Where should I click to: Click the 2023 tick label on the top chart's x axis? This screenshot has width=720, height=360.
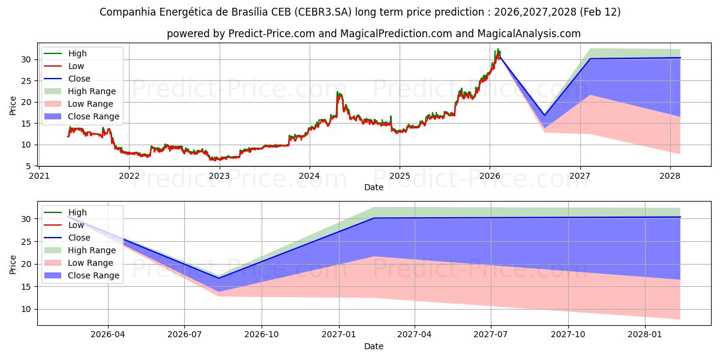pyautogui.click(x=219, y=176)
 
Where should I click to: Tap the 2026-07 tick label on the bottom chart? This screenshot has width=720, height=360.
pyautogui.click(x=185, y=335)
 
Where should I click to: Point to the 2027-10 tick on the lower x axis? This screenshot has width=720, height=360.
pyautogui.click(x=568, y=335)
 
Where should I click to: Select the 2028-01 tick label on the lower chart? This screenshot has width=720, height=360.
pyautogui.click(x=644, y=335)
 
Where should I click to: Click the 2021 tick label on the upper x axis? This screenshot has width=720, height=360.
pyautogui.click(x=39, y=176)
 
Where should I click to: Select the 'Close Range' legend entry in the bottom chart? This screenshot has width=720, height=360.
pyautogui.click(x=94, y=275)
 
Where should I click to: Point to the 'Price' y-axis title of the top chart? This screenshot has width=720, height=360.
pyautogui.click(x=13, y=105)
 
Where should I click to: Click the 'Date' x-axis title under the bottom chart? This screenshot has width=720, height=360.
pyautogui.click(x=373, y=346)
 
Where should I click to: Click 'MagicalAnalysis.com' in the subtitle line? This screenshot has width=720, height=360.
pyautogui.click(x=529, y=34)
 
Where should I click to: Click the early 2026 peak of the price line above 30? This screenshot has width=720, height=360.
pyautogui.click(x=498, y=49)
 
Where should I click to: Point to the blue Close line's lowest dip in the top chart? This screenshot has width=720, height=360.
pyautogui.click(x=544, y=115)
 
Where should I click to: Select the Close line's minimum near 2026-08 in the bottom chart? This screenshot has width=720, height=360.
pyautogui.click(x=219, y=278)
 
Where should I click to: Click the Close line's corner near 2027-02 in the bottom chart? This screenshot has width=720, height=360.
pyautogui.click(x=373, y=218)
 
